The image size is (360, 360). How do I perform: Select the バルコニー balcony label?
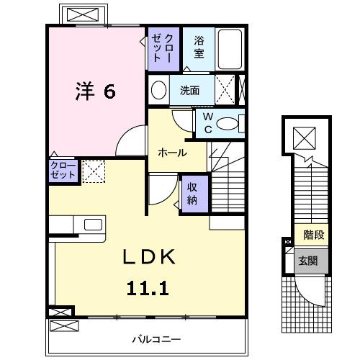click(x=156, y=338)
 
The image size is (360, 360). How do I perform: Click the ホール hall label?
click(x=173, y=153)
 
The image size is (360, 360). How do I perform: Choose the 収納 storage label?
click(x=194, y=192)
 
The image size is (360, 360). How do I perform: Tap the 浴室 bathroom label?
click(x=199, y=48)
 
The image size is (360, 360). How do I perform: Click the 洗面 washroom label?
click(x=190, y=91)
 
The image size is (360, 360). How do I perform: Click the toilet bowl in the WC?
click(x=228, y=124)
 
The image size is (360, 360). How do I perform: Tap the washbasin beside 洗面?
click(x=158, y=91)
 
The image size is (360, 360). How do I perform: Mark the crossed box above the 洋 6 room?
click(x=85, y=14)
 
